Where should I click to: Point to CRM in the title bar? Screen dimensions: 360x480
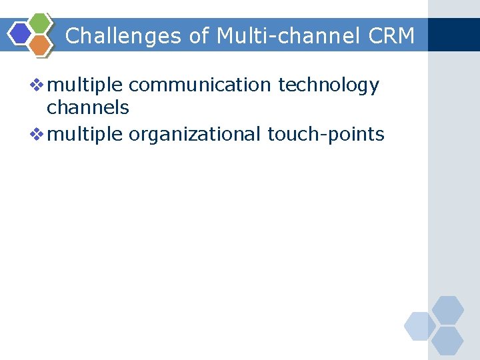pos(391,35)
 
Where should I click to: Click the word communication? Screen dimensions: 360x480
pos(200,85)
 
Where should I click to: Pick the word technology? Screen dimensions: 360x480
pos(329,86)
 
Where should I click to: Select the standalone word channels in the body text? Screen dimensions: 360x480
pos(87,107)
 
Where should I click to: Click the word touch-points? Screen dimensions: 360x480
pos(326,135)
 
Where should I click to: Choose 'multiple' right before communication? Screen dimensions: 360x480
pos(86,86)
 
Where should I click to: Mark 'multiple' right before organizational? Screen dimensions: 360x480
pos(86,135)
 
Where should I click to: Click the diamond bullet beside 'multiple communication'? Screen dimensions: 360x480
pos(38,85)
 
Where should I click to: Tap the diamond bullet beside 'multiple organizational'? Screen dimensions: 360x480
pos(38,134)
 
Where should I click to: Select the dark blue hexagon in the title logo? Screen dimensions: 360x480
pos(21,33)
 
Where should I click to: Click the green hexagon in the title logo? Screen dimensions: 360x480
pos(41,23)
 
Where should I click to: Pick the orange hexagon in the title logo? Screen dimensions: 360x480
pos(41,45)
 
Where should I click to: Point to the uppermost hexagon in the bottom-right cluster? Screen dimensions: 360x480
pos(447,310)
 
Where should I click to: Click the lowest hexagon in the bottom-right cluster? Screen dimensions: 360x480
pos(447,341)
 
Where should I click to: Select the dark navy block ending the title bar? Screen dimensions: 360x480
pos(453,35)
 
